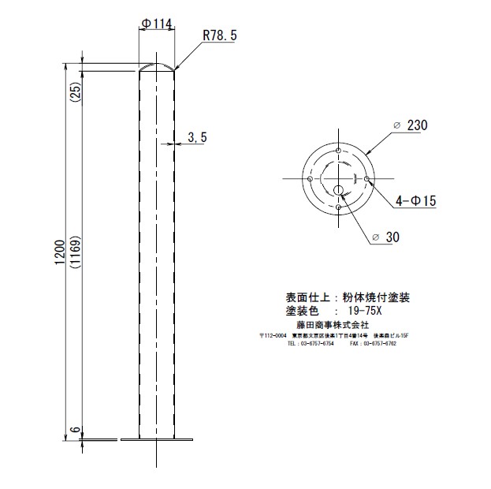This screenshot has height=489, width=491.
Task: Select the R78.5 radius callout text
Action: coord(220,35)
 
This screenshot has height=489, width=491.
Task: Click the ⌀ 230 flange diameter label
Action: coord(409,125)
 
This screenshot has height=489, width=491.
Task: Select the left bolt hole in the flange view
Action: coord(310,179)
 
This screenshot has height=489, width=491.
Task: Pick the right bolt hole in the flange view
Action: coord(367,179)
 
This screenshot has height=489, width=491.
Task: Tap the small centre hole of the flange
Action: coord(338,190)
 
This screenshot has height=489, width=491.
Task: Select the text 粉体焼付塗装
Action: coord(376,297)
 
